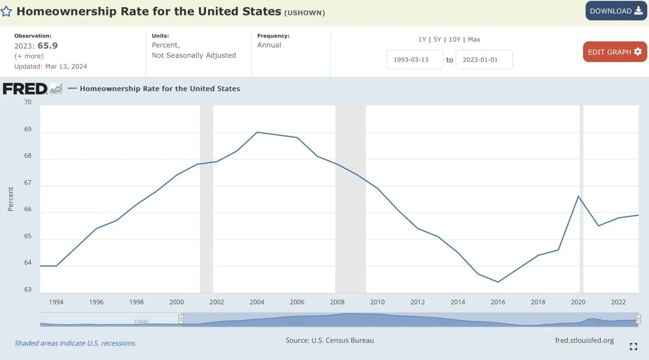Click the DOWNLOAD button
click(x=616, y=11)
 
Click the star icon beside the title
click(x=6, y=11)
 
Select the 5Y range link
click(x=437, y=39)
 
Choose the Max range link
click(x=474, y=39)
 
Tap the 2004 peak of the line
click(x=257, y=132)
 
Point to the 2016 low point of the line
click(x=498, y=282)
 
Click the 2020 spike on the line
click(x=578, y=196)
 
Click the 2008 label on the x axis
click(x=337, y=302)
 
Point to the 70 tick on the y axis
click(x=28, y=102)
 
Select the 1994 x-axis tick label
click(x=56, y=302)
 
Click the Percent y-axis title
click(x=11, y=199)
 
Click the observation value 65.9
click(x=47, y=45)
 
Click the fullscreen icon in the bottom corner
click(x=633, y=346)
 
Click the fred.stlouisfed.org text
click(x=584, y=340)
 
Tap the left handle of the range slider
click(x=181, y=319)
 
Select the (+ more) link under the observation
click(x=29, y=56)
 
